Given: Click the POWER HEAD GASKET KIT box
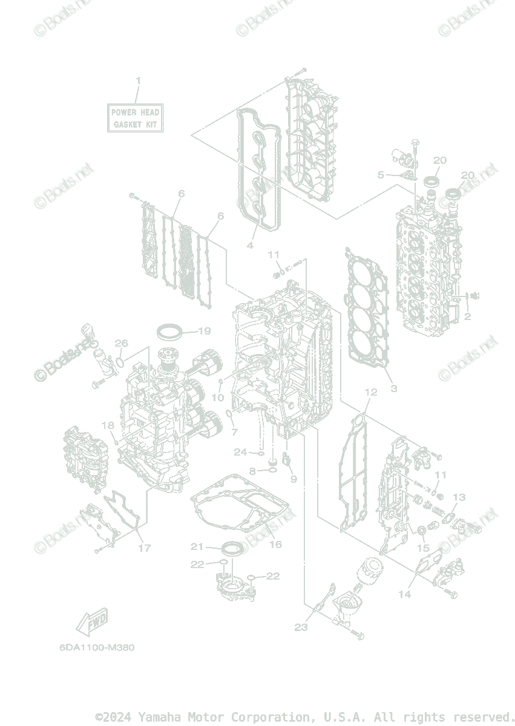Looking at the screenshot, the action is pyautogui.click(x=135, y=118).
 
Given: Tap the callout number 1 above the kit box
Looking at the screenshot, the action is pyautogui.click(x=138, y=81).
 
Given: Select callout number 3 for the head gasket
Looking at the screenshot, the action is pyautogui.click(x=393, y=388).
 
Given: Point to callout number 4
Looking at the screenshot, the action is pyautogui.click(x=249, y=245).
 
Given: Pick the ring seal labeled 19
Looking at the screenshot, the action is pyautogui.click(x=170, y=331).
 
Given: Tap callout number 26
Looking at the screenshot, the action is pyautogui.click(x=122, y=343).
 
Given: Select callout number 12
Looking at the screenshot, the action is pyautogui.click(x=370, y=393).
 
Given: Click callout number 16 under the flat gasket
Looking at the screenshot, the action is pyautogui.click(x=275, y=544).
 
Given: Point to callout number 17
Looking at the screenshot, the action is pyautogui.click(x=143, y=548).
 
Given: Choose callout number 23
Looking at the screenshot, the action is pyautogui.click(x=301, y=627).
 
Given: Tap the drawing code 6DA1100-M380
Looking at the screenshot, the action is pyautogui.click(x=97, y=647).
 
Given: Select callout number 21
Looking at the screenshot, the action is pyautogui.click(x=197, y=546).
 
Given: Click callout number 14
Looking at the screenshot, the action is pyautogui.click(x=404, y=594).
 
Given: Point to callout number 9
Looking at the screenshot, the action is pyautogui.click(x=294, y=479).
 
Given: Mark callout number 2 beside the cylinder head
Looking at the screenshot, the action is pyautogui.click(x=467, y=316).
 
